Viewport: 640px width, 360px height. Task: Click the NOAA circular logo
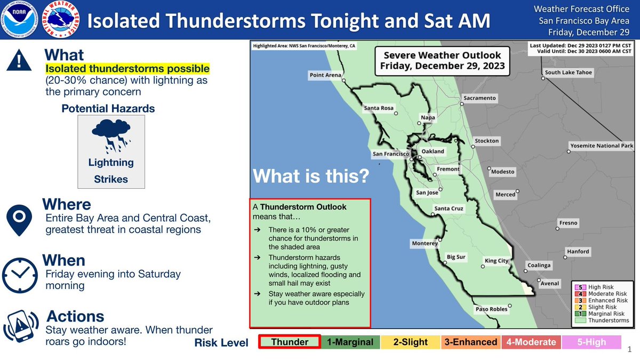coord(19,19)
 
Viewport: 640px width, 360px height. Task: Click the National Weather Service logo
coord(61,19)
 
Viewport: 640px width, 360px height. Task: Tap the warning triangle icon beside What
coord(19,60)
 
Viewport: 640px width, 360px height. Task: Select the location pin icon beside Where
coord(19,220)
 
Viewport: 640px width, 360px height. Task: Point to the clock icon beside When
coord(20,275)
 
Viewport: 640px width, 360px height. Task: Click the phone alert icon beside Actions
coord(21,326)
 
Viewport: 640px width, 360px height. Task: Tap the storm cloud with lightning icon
coord(111,135)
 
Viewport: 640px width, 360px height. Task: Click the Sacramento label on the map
coord(479,98)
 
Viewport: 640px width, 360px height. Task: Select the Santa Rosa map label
coord(379,108)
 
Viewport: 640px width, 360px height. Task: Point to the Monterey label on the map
coord(425,243)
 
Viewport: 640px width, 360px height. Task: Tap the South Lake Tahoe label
coord(569,73)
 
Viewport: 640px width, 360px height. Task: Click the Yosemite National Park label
coord(602,146)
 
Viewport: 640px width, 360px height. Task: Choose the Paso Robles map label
coord(491,309)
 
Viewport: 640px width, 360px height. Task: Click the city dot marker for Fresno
coord(557,229)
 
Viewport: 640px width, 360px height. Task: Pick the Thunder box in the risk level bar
coord(290,342)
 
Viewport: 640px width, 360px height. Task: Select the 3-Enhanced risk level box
coord(471,342)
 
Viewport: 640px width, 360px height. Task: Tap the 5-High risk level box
coord(591,342)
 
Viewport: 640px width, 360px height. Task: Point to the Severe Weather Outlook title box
coord(442,61)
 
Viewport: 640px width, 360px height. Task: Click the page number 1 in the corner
coord(630,349)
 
